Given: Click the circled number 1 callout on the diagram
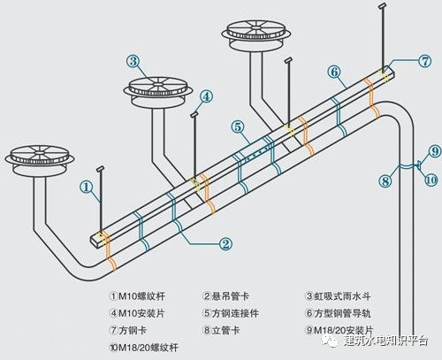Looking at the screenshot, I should (x=86, y=187).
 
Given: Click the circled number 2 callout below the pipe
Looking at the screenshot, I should (x=225, y=242).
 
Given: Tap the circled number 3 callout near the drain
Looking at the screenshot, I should (x=133, y=61).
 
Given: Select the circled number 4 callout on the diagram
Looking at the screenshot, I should (x=205, y=96).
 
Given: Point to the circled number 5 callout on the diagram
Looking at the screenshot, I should (x=239, y=127).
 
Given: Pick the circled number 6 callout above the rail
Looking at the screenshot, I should (x=333, y=71).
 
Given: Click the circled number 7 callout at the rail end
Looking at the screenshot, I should (x=424, y=62).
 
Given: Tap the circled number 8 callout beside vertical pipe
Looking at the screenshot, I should (x=385, y=181).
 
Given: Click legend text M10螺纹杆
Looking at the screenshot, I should (x=136, y=297).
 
